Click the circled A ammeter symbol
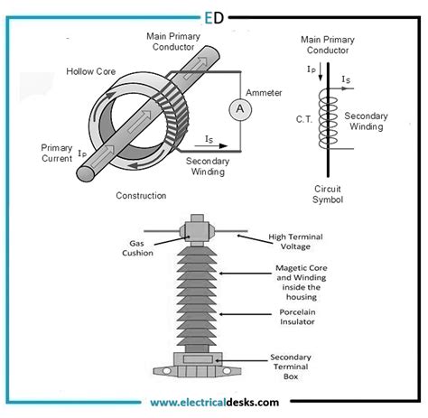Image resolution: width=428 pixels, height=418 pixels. [x=239, y=107]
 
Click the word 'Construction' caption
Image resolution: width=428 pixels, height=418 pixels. [x=142, y=195]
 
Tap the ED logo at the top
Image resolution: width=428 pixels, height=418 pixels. [x=214, y=15]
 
